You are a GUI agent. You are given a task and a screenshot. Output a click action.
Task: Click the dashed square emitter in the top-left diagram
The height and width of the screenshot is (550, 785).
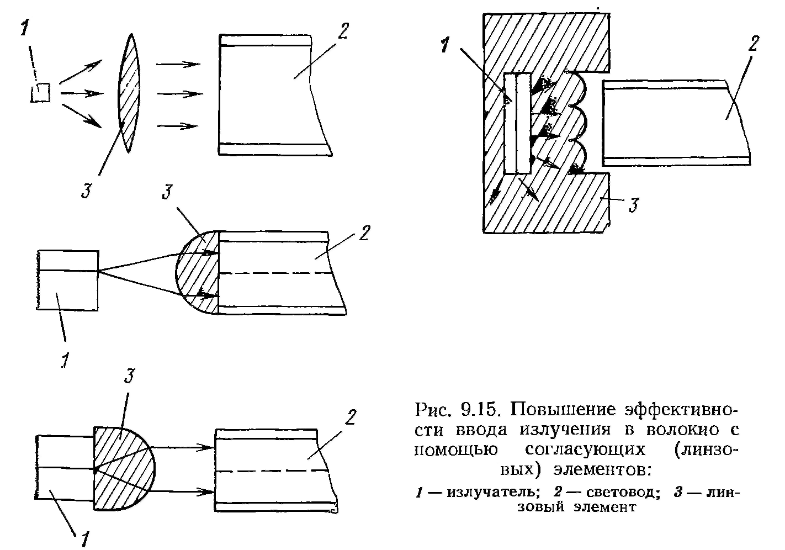[x=40, y=93]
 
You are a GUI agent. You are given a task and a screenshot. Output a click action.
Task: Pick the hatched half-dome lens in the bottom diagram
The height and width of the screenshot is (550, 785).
[x=123, y=468]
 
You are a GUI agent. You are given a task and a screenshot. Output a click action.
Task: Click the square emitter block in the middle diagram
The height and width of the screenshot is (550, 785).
[x=68, y=280]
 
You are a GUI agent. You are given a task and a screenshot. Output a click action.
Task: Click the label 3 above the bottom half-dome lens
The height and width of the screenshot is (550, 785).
[x=129, y=377]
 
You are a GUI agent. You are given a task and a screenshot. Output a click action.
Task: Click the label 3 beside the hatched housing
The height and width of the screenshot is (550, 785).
[x=634, y=206]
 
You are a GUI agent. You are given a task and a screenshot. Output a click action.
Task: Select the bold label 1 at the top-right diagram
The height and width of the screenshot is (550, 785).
[x=444, y=45]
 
